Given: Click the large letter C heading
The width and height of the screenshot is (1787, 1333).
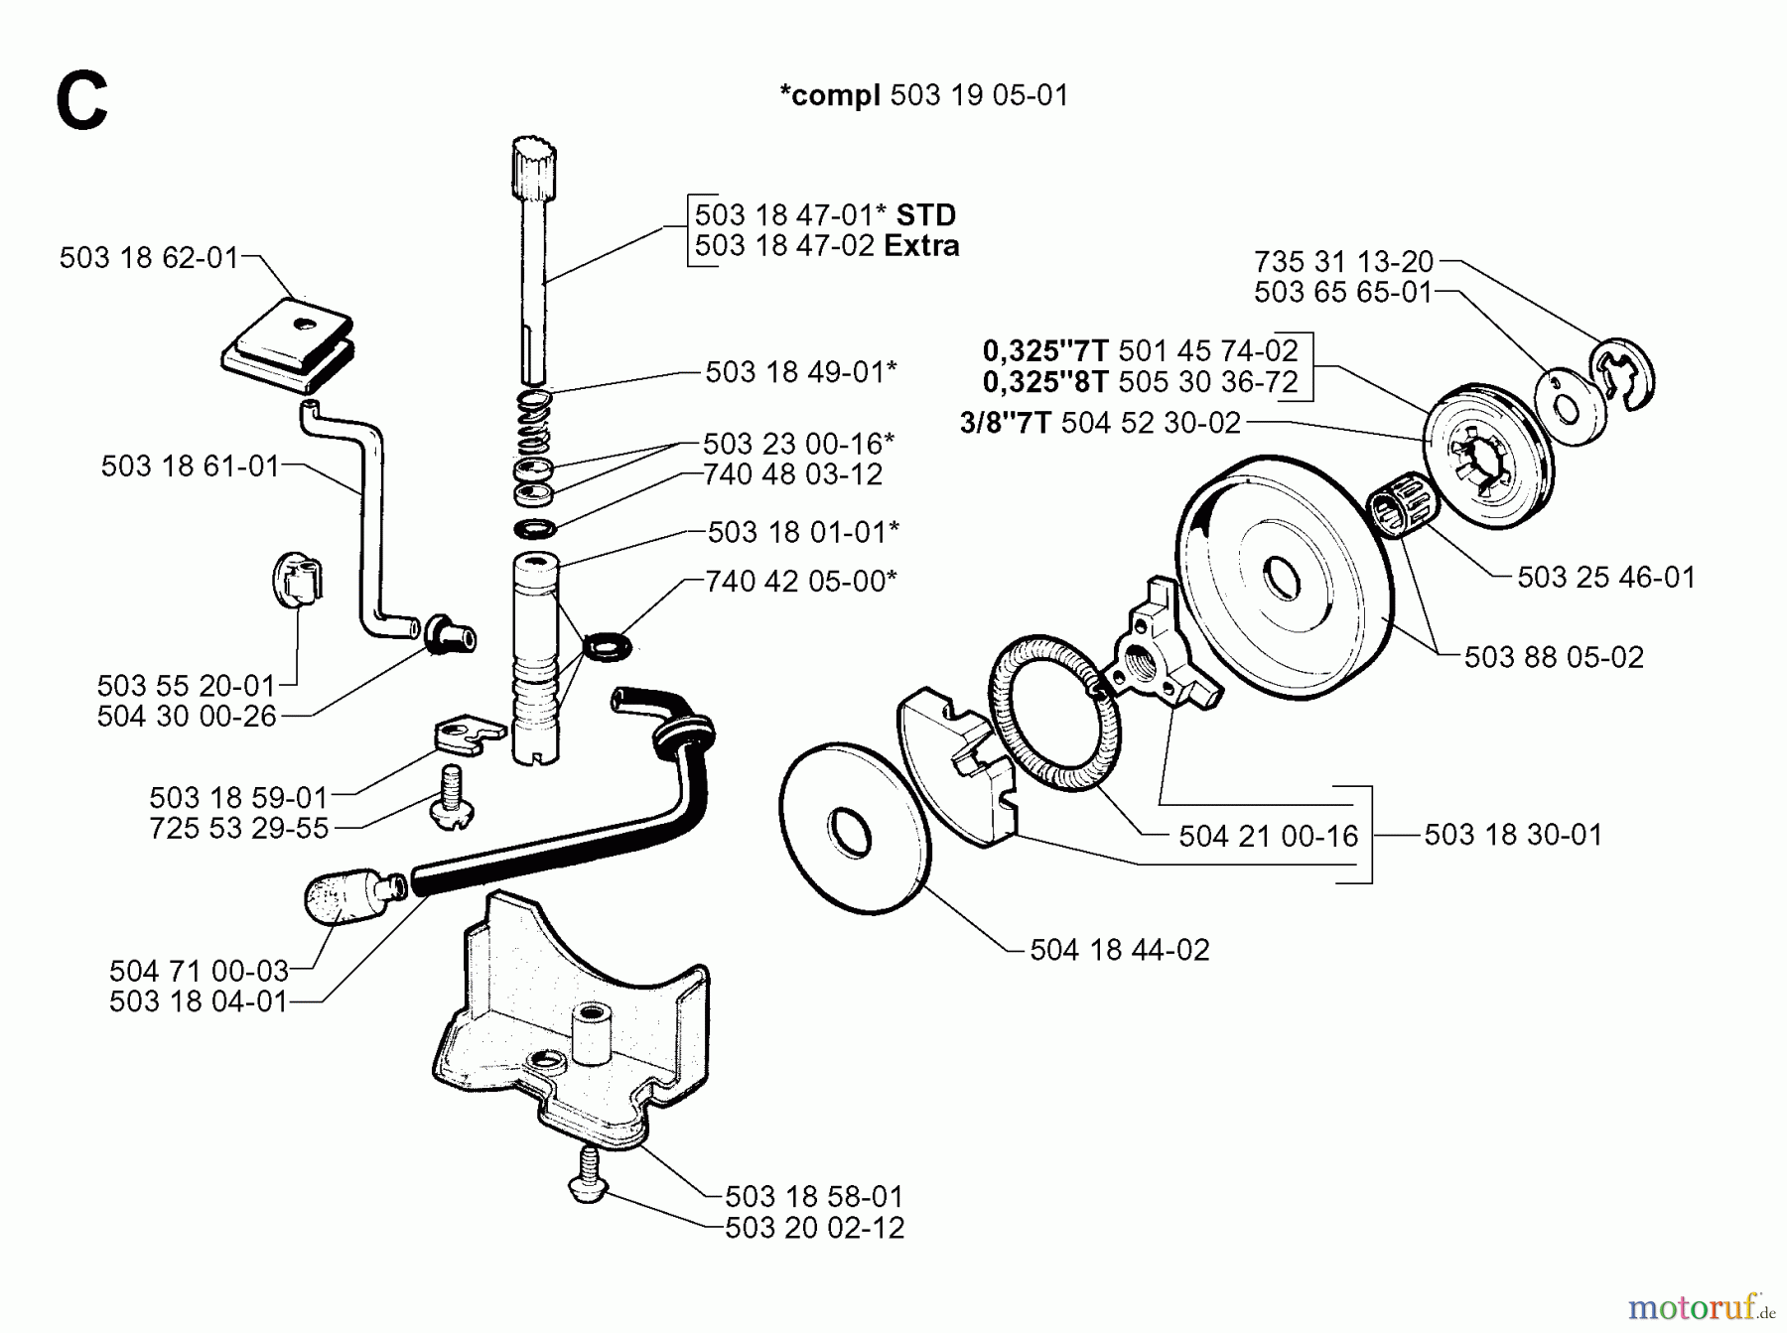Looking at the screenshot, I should click(81, 102).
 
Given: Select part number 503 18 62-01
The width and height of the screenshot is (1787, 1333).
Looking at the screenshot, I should click(149, 258).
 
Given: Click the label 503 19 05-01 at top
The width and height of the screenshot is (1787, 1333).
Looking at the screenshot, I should click(979, 95).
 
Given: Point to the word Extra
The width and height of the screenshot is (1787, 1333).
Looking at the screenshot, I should click(921, 246).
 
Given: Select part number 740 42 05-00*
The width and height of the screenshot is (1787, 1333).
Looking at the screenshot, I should click(800, 581).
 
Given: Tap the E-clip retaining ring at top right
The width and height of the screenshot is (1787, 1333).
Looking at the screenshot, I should click(1622, 376).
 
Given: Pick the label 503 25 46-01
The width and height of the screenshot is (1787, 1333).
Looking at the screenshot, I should click(1605, 577).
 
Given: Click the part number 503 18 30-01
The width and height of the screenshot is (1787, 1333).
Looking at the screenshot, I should click(1513, 835).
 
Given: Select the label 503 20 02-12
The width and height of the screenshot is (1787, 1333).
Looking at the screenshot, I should click(814, 1228).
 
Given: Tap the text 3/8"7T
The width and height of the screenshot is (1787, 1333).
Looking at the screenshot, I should click(1005, 424).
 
